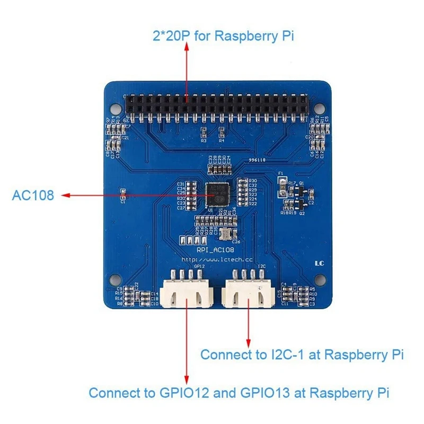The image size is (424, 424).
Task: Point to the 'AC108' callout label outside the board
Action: point(33,196)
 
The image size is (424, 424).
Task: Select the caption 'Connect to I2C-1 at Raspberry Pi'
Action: point(302,354)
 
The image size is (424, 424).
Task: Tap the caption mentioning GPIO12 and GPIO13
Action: point(239,393)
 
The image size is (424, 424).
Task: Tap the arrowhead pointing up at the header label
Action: point(187,47)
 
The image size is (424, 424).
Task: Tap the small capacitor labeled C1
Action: point(123,193)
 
